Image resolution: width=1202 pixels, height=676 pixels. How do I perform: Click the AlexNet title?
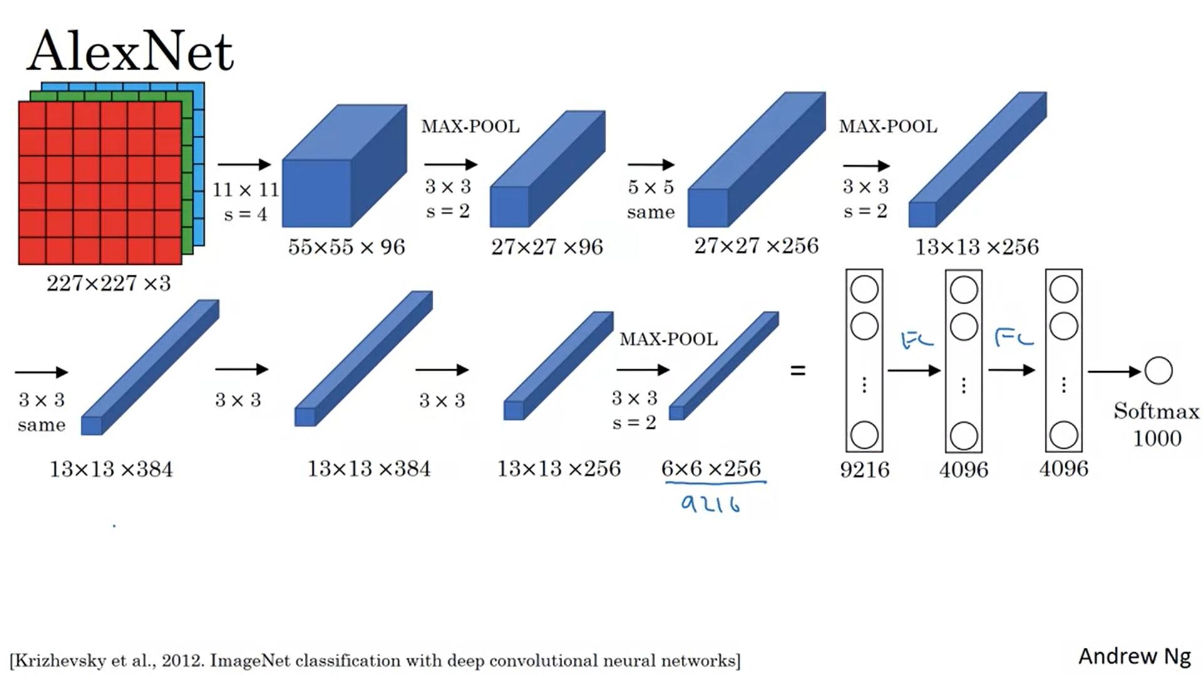click(130, 51)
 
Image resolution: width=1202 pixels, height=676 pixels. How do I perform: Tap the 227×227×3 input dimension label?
click(108, 284)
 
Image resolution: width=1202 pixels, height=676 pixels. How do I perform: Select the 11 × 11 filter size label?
click(245, 190)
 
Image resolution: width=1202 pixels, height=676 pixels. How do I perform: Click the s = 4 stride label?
click(245, 215)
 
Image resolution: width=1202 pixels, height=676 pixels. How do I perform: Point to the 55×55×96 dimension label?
click(346, 247)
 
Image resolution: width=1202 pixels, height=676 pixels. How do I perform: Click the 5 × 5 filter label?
click(651, 187)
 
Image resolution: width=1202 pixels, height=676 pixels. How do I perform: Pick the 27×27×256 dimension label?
click(756, 246)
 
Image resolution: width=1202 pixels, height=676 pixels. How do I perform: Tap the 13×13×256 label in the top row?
click(977, 247)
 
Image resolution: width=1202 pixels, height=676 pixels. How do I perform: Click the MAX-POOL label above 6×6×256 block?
click(669, 339)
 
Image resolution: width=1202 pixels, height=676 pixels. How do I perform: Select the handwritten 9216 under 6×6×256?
click(711, 504)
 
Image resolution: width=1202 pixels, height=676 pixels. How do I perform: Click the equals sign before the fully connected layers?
click(798, 371)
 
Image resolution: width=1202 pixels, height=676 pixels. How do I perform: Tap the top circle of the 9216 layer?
click(865, 290)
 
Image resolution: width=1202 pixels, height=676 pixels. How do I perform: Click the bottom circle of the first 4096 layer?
click(963, 436)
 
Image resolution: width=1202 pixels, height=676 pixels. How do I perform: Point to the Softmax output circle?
click(1158, 371)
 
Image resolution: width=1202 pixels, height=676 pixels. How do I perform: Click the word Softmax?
click(1156, 411)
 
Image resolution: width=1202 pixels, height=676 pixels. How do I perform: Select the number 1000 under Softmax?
click(1157, 438)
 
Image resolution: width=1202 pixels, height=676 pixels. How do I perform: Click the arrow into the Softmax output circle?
click(1115, 372)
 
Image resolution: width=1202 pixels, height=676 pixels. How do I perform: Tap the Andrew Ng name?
click(1134, 657)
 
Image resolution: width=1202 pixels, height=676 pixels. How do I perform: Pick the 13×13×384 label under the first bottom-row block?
click(111, 469)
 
